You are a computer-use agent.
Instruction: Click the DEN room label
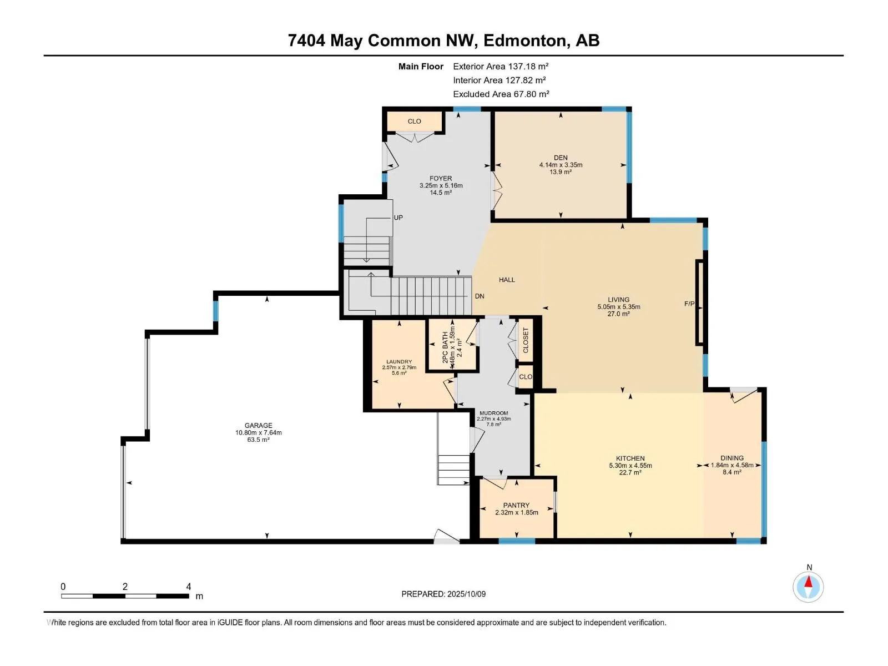click(561, 158)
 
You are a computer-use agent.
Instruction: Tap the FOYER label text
click(441, 178)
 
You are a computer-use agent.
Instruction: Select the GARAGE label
click(258, 425)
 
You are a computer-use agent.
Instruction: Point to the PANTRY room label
click(516, 506)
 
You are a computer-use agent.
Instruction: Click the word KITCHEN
click(630, 458)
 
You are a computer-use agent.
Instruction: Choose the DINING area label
click(732, 458)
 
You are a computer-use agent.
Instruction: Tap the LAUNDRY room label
click(399, 362)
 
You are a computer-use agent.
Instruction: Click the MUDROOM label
click(493, 413)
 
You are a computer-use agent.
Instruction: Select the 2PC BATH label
click(445, 347)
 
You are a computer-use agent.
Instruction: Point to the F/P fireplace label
click(689, 304)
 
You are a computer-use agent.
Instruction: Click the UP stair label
click(398, 218)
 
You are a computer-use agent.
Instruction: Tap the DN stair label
click(480, 296)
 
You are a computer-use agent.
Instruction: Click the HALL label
click(507, 280)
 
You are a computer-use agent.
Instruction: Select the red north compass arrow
click(808, 582)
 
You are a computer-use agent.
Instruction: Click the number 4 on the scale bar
click(189, 587)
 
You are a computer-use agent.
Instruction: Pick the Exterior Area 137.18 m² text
click(501, 66)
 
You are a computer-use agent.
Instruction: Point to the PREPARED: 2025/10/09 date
click(443, 594)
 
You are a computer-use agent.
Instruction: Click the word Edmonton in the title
click(524, 41)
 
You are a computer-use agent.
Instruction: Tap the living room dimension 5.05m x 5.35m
click(619, 307)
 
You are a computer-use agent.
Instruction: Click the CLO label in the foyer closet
click(414, 122)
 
